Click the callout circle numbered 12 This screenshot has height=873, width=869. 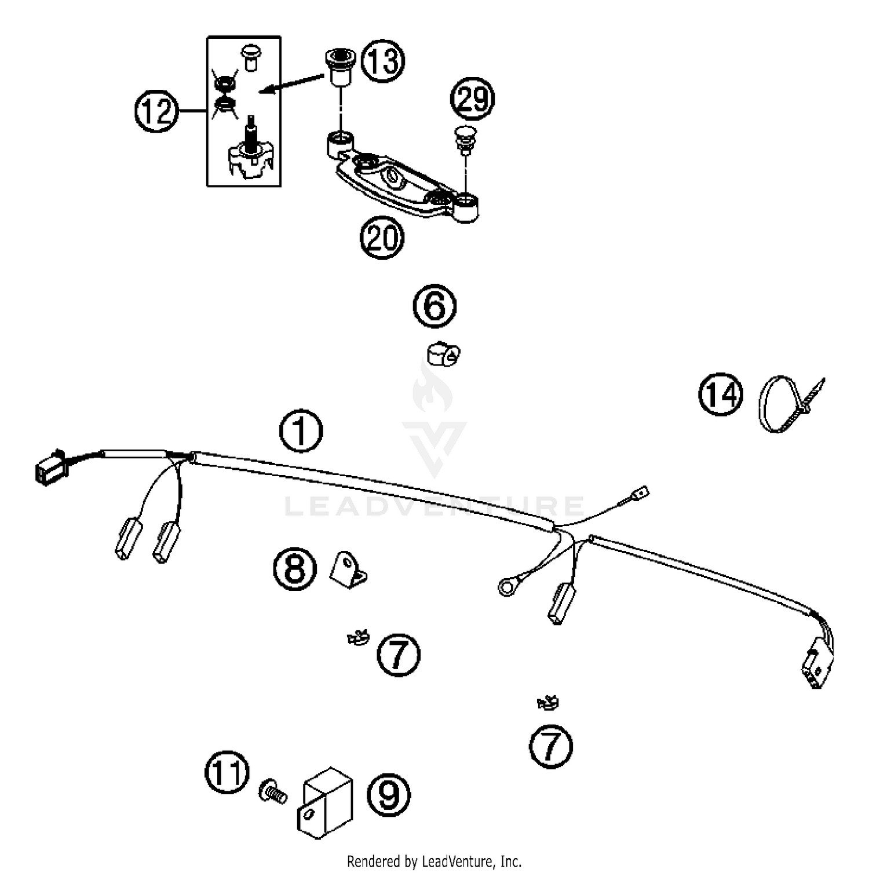156,111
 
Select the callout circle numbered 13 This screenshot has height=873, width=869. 383,60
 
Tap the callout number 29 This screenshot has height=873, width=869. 473,98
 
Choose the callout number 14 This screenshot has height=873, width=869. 720,395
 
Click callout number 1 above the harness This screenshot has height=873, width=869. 301,431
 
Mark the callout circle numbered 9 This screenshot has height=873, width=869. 388,795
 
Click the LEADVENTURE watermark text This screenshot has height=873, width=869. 434,506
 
